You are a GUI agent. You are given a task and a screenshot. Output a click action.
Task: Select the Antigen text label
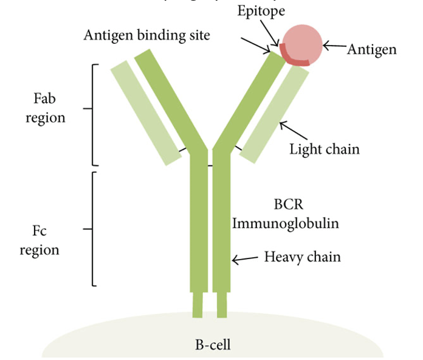371,49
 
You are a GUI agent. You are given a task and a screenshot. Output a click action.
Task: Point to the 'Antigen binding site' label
146,35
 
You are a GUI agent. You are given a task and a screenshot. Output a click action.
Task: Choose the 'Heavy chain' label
302,257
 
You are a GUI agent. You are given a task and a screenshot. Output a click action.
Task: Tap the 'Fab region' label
45,107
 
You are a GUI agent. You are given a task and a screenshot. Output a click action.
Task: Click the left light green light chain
146,113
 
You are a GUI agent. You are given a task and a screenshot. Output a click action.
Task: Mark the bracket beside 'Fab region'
94,114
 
